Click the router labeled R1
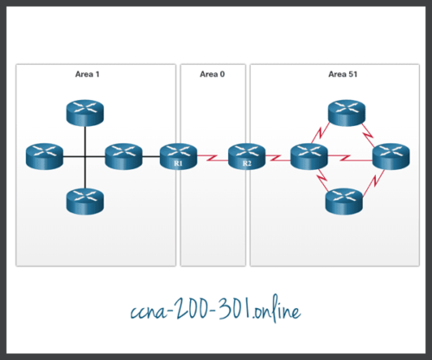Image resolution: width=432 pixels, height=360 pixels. [x=177, y=156]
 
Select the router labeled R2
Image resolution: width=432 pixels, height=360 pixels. [x=246, y=156]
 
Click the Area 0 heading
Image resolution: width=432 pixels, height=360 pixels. [x=212, y=75]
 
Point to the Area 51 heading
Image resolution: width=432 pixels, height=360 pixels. [x=343, y=75]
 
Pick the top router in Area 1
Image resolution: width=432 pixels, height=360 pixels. [x=84, y=111]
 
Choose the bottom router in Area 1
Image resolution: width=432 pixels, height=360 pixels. [x=84, y=200]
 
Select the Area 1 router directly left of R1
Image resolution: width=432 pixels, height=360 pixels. [x=124, y=156]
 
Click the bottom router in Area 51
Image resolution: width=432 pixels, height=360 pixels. [x=343, y=200]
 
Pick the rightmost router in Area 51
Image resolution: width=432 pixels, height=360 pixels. [x=389, y=157]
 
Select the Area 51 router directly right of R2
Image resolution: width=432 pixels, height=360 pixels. [x=308, y=157]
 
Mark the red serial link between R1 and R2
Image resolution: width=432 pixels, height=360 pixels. [x=212, y=157]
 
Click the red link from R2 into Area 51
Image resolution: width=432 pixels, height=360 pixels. [x=276, y=157]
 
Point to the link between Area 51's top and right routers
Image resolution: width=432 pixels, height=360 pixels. [x=370, y=132]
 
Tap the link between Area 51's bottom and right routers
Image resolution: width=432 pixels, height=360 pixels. [x=370, y=182]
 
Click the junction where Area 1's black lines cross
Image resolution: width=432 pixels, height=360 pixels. [x=84, y=156]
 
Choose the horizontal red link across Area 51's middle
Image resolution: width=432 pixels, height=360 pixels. [x=348, y=157]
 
